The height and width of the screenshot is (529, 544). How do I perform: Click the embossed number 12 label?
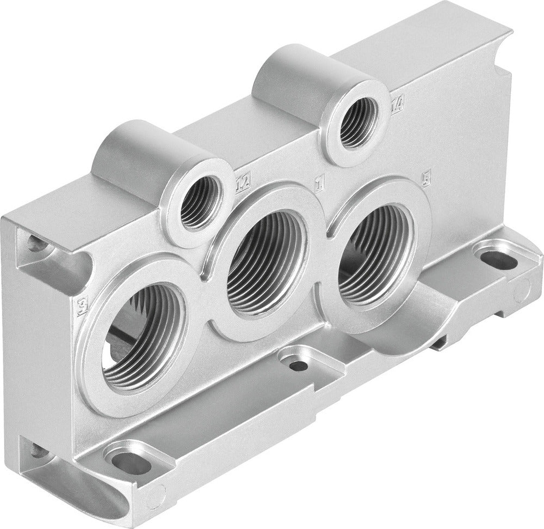(243, 182)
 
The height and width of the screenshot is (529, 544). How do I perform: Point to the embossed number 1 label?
(320, 185)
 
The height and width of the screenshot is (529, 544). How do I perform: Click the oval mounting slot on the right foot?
(496, 259)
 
